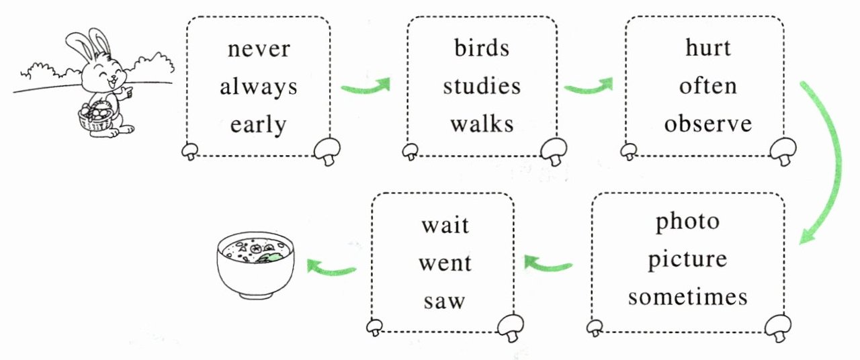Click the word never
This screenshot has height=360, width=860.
click(259, 49)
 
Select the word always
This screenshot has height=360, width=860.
click(259, 87)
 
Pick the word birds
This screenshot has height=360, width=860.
click(482, 48)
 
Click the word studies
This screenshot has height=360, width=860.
click(482, 87)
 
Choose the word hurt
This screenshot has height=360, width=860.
click(707, 48)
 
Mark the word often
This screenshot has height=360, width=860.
click(707, 87)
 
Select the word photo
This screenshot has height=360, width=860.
click(687, 221)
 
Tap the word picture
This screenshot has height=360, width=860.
click(687, 260)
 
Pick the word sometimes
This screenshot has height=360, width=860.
click(687, 298)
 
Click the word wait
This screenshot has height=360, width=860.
click(445, 224)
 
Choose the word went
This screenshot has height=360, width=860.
click(445, 263)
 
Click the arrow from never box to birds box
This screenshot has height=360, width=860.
click(366, 87)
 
